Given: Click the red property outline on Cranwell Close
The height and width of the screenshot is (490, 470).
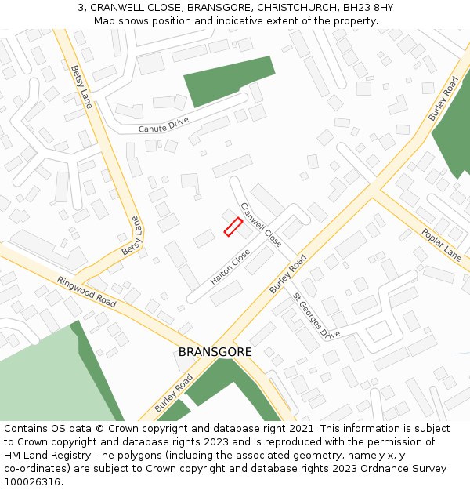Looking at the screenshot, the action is (x=233, y=227).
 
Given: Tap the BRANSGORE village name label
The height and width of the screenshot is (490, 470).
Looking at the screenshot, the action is (x=215, y=352).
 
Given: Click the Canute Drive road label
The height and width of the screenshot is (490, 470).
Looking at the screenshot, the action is (x=164, y=125).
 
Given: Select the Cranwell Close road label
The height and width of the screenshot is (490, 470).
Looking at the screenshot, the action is (x=261, y=225).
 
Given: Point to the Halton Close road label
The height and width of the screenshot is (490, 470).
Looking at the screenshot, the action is (x=230, y=267).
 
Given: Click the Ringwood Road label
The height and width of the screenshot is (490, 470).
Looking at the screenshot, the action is (x=86, y=292).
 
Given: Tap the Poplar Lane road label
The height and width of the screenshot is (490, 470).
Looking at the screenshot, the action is (x=441, y=245).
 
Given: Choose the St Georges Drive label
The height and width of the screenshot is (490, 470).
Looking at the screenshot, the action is (x=316, y=316).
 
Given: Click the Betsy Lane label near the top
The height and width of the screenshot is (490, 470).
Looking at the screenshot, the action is (x=81, y=86).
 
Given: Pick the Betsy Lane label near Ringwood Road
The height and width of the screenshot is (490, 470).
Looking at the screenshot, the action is (x=132, y=236).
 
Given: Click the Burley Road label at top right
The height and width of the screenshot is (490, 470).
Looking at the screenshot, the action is (x=443, y=99).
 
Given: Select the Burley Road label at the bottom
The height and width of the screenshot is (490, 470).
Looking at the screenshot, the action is (x=173, y=393).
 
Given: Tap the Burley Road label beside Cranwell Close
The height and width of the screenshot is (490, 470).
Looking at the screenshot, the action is (x=287, y=274).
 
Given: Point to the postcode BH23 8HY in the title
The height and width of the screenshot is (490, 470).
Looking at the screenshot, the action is (x=368, y=7).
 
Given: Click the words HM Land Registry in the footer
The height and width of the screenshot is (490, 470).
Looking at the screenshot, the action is (x=42, y=456).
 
